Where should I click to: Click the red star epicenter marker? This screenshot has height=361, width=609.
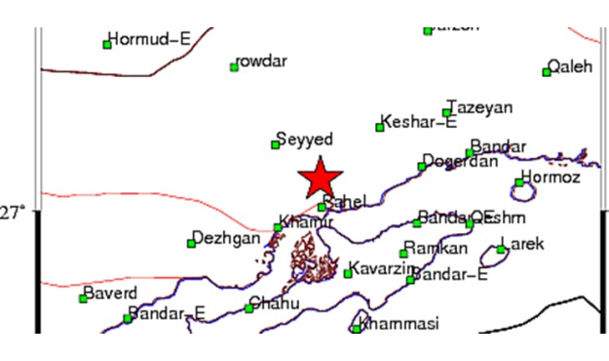tap(320, 179)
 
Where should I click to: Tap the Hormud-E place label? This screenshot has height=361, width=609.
tap(149, 40)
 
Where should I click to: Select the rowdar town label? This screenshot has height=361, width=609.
tap(263, 61)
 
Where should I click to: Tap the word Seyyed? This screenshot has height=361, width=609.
tap(306, 140)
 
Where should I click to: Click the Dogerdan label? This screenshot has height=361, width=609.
tap(462, 161)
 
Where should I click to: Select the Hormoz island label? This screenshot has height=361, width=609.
tap(551, 177)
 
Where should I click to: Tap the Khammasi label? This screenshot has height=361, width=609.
tap(400, 323)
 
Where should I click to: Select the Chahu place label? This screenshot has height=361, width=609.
tap(276, 302)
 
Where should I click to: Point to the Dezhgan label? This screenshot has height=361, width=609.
tap(227, 238)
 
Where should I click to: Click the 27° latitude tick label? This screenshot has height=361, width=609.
tap(13, 212)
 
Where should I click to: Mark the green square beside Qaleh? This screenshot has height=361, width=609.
tap(547, 71)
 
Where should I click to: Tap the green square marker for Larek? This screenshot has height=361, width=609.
tap(501, 250)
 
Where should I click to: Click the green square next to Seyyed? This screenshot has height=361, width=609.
tap(275, 144)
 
